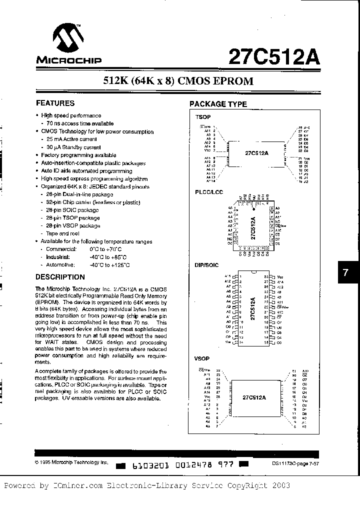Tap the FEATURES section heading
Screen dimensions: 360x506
click(x=55, y=103)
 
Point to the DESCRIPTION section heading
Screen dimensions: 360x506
click(x=60, y=277)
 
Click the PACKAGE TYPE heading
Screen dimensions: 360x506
click(x=217, y=104)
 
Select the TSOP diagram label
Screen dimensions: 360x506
click(x=202, y=116)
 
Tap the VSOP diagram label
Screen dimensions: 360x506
click(x=202, y=359)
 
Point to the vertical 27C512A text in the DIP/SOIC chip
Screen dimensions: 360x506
click(x=253, y=310)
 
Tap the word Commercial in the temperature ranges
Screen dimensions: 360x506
click(x=61, y=249)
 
